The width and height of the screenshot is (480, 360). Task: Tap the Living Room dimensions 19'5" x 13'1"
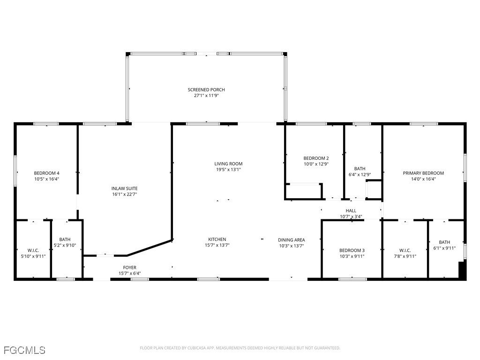coord(228,170)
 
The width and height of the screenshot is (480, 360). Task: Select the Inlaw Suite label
coord(124,188)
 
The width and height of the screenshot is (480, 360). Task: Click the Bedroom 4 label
coord(46,172)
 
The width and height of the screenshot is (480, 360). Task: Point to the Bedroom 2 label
coord(316,158)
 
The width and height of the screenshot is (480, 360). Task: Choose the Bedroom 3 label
coord(352,250)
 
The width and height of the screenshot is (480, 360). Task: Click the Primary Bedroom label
coord(423,173)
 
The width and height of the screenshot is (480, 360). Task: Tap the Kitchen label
coord(217,239)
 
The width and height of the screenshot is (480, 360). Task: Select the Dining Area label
coord(291,240)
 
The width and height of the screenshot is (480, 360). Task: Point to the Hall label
coord(351,211)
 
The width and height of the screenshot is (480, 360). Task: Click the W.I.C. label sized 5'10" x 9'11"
coord(33,250)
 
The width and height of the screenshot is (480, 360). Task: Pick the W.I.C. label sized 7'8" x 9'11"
coord(405,250)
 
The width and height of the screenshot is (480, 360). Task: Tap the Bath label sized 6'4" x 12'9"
coord(360,169)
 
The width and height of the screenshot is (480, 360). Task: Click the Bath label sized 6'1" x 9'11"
coord(444,242)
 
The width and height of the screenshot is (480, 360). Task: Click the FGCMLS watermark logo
coord(24,350)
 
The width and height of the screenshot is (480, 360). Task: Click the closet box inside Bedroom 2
coord(304,191)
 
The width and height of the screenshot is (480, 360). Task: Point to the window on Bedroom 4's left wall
coord(15,171)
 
